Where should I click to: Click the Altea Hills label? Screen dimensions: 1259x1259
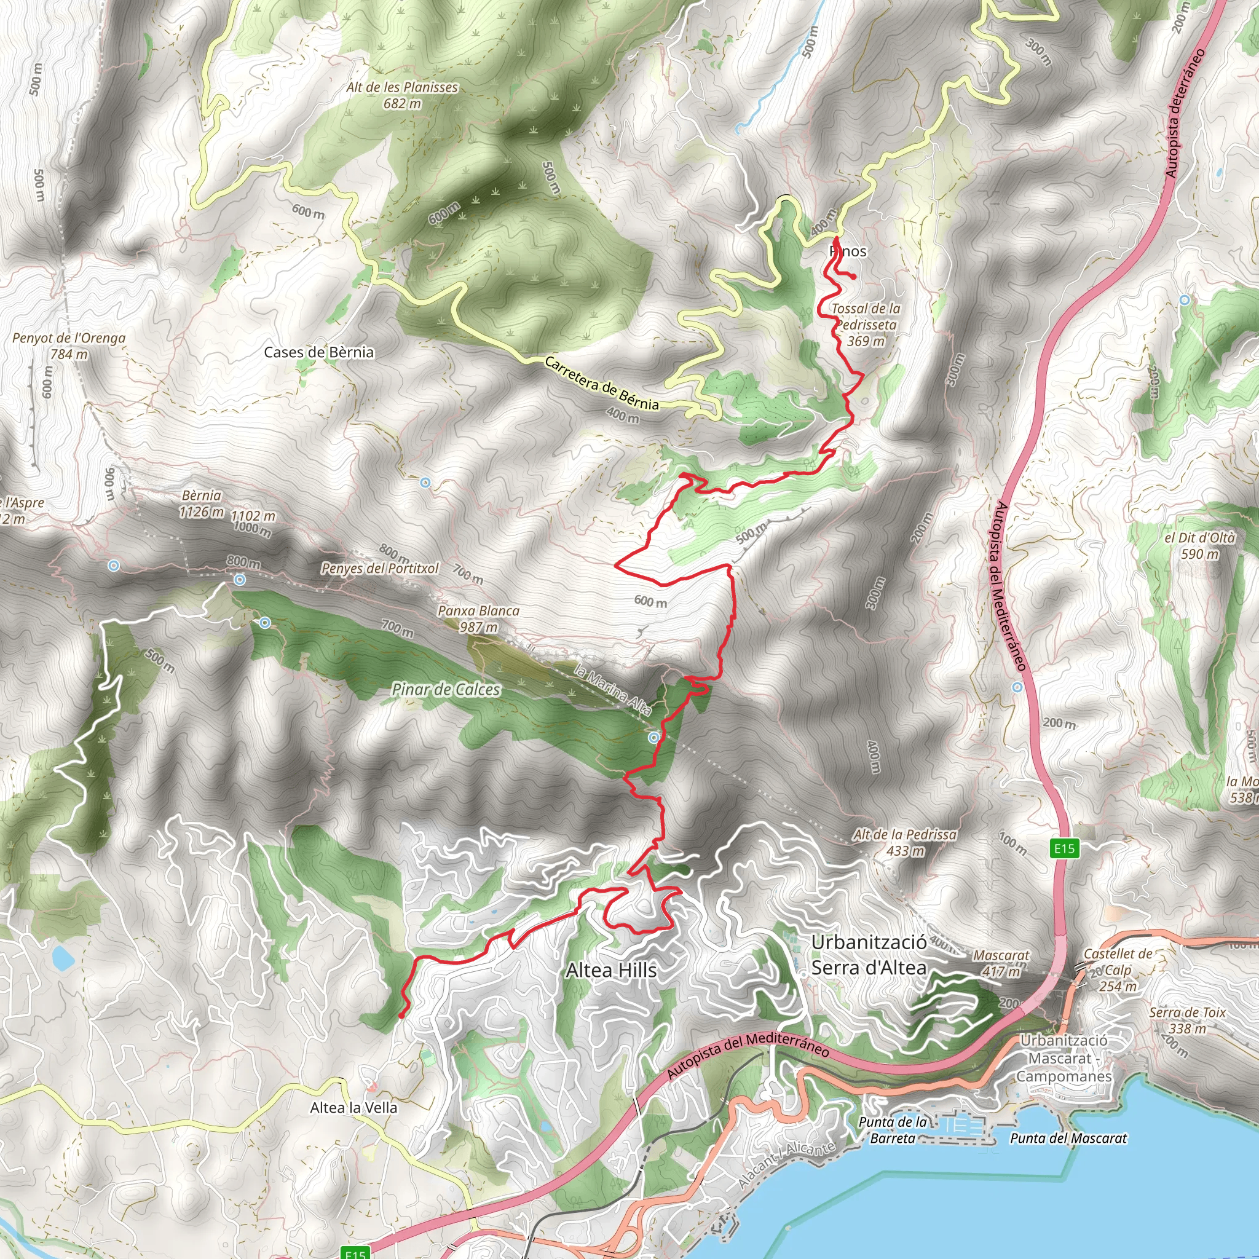pyautogui.click(x=610, y=970)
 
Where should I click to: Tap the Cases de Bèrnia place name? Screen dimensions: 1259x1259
pyautogui.click(x=318, y=352)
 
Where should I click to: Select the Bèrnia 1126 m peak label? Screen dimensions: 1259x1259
pyautogui.click(x=202, y=503)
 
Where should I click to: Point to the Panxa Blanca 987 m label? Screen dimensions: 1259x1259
pyautogui.click(x=478, y=618)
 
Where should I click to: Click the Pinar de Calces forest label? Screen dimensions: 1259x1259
pyautogui.click(x=446, y=690)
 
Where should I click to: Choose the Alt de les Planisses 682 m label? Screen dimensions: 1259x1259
pyautogui.click(x=402, y=95)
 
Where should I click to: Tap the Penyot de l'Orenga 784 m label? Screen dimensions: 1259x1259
pyautogui.click(x=69, y=346)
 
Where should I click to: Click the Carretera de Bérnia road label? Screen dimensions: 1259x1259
pyautogui.click(x=601, y=383)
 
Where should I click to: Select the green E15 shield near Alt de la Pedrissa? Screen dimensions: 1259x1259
pyautogui.click(x=1064, y=848)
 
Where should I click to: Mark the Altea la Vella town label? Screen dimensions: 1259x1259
pyautogui.click(x=353, y=1107)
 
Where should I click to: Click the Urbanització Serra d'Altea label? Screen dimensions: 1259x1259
pyautogui.click(x=869, y=955)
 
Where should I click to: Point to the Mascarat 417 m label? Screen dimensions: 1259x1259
pyautogui.click(x=1001, y=963)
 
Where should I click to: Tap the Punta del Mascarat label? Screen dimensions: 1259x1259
pyautogui.click(x=1068, y=1139)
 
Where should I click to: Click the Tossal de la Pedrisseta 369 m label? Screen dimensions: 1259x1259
pyautogui.click(x=866, y=325)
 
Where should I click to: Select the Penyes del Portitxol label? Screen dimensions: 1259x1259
pyautogui.click(x=380, y=568)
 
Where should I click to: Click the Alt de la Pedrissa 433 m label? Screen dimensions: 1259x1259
pyautogui.click(x=905, y=843)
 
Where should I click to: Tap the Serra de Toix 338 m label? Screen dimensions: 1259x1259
pyautogui.click(x=1187, y=1020)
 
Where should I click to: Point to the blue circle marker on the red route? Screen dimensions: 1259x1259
pyautogui.click(x=653, y=737)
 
